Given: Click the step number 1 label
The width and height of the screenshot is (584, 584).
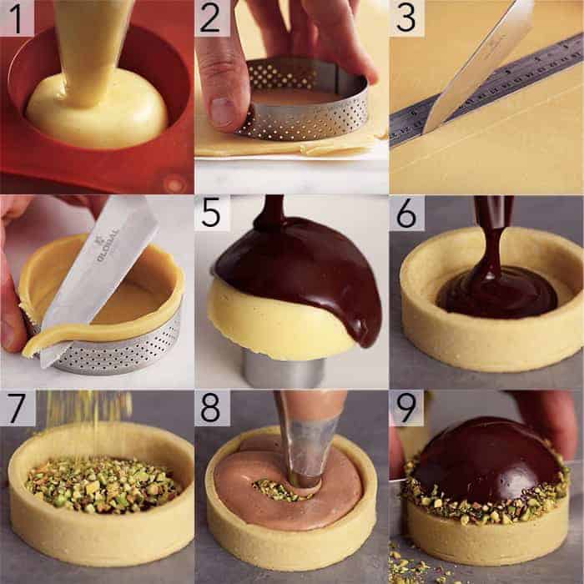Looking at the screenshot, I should [x=17, y=18].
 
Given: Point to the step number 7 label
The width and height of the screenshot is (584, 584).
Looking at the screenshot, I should [x=17, y=408].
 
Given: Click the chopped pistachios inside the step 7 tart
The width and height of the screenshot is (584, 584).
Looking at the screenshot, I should [x=100, y=484].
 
